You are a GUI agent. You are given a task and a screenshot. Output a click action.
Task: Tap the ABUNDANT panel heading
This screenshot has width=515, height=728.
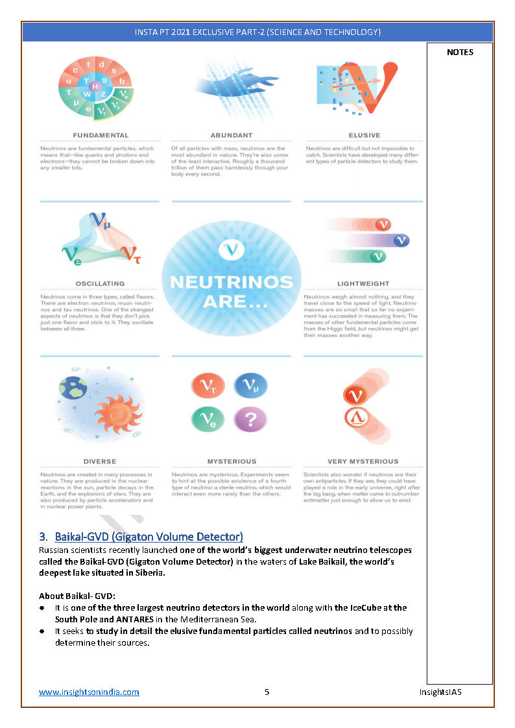[x=232, y=135]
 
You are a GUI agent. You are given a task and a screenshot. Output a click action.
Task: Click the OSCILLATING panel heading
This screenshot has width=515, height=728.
[x=100, y=283]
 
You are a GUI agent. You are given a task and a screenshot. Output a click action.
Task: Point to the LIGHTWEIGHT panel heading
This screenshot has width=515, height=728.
[x=363, y=283]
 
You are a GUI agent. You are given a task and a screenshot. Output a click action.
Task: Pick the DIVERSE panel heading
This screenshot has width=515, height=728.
[x=100, y=462]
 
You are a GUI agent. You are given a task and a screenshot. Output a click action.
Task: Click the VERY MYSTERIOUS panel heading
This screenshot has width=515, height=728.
[x=363, y=462]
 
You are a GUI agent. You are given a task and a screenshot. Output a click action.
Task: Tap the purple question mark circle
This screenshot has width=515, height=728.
[x=250, y=418]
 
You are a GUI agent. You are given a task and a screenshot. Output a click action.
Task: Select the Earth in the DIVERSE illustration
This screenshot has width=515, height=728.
[x=73, y=388]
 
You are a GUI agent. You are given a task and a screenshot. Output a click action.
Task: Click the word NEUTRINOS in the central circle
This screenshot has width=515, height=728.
[x=232, y=282]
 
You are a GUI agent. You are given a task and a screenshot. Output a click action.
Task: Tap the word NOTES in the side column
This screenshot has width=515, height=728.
[x=460, y=53]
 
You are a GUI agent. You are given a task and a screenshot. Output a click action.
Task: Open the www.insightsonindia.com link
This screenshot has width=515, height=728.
[x=89, y=692]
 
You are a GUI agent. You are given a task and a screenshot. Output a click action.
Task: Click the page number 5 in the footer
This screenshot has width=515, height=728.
[x=267, y=692]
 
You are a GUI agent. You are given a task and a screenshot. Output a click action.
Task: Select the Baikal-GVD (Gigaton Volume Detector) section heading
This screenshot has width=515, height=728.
[x=149, y=537]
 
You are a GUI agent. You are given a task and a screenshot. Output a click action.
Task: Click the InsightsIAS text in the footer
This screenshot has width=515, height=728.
[x=440, y=692]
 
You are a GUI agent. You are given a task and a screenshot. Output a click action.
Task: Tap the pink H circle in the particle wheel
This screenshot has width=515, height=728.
[x=96, y=86]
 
